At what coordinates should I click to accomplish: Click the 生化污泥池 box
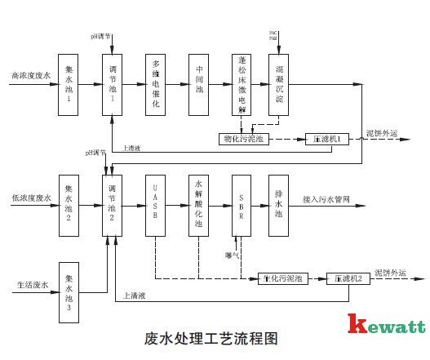click(x=282, y=278)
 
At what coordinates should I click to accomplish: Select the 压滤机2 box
click(x=348, y=278)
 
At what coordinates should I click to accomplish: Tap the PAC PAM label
click(x=274, y=36)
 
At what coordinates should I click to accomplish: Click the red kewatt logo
click(x=386, y=326)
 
